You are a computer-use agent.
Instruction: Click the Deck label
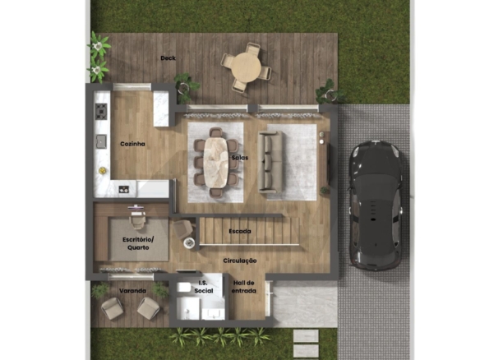(x=168, y=58)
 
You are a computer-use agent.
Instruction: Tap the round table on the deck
(x=246, y=67)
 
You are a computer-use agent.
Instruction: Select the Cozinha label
(x=132, y=144)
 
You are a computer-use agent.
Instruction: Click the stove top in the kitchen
(x=101, y=111)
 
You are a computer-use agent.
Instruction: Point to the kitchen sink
(x=101, y=141)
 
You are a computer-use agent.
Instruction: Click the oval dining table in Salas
(x=216, y=162)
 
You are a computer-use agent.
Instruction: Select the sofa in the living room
(x=270, y=162)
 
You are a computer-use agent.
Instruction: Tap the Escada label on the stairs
(x=240, y=231)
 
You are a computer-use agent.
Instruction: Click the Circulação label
(x=240, y=261)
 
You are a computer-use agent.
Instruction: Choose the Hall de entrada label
(x=243, y=287)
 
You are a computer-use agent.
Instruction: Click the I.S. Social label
(x=204, y=287)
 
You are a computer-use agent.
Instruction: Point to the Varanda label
(x=132, y=290)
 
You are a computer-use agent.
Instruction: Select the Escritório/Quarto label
(x=138, y=243)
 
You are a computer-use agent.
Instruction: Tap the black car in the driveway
(x=376, y=205)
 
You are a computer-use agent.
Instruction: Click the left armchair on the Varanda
(x=113, y=308)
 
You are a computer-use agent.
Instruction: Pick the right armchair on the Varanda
(x=148, y=307)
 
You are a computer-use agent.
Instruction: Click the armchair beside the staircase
(x=183, y=229)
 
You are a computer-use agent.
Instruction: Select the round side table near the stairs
(x=190, y=242)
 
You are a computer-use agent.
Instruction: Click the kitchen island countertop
(x=161, y=108)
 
